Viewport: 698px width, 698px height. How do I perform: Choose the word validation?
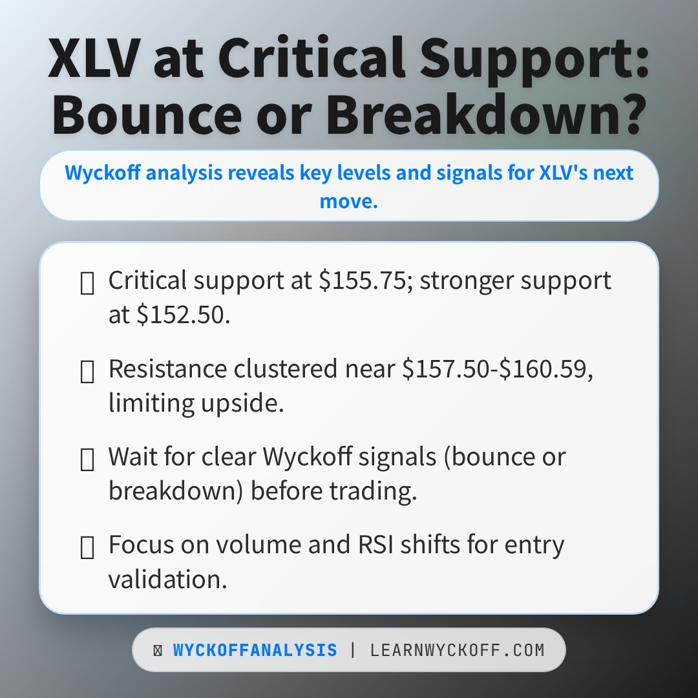(167, 579)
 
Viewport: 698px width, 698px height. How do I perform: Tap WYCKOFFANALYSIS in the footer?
(255, 650)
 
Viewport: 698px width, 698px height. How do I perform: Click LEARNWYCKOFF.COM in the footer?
(457, 650)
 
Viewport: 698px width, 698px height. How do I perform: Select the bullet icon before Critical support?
(87, 282)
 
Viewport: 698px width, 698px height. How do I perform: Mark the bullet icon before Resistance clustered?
(87, 371)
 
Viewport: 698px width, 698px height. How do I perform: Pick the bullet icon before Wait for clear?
(87, 459)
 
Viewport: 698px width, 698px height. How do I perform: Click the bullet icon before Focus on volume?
(87, 547)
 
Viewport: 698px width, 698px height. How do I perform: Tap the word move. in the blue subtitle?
(348, 201)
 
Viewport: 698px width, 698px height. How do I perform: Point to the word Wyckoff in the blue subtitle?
(92, 173)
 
